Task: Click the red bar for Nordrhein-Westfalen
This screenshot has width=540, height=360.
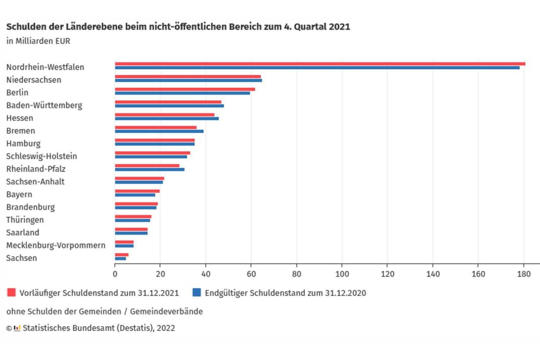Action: tap(320, 64)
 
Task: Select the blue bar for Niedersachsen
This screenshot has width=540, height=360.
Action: tap(188, 80)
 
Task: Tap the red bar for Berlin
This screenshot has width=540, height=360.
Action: tap(185, 89)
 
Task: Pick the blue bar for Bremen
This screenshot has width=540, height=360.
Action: tap(159, 131)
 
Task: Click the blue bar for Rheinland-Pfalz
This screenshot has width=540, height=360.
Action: tap(149, 169)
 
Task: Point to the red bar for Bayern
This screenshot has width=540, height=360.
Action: tap(137, 191)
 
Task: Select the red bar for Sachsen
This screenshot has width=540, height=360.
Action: tap(122, 254)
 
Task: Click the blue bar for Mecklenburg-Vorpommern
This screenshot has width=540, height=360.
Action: tap(124, 246)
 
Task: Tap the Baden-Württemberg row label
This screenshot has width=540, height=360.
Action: tap(44, 106)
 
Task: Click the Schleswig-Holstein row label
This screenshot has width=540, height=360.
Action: tap(41, 156)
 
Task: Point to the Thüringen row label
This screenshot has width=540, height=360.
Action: tap(25, 220)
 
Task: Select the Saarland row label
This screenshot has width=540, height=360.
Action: tap(23, 232)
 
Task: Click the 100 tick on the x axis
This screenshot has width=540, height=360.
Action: tap(342, 274)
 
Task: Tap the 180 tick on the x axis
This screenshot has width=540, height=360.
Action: tap(523, 274)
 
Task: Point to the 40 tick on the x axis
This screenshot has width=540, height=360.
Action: tap(205, 274)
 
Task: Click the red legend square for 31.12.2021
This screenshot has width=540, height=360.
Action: tap(11, 292)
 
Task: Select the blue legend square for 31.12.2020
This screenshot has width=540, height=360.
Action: tap(196, 292)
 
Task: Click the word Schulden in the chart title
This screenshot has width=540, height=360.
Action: tap(22, 27)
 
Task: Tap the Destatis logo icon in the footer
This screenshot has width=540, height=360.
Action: tap(17, 328)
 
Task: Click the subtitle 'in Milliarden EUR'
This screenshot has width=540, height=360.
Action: tap(38, 41)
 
